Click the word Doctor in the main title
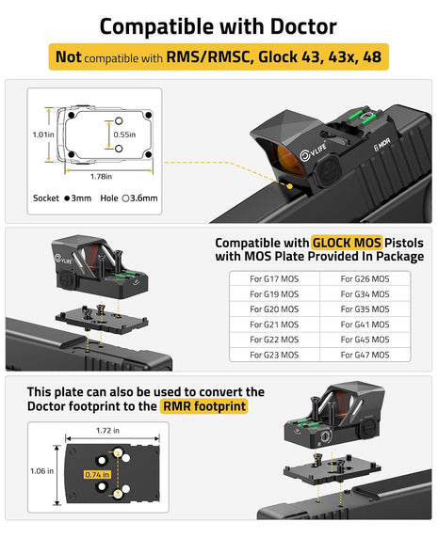[x=303, y=26]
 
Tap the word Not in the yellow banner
[x=69, y=56]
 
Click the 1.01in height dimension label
[x=43, y=134]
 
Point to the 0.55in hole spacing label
[x=124, y=134]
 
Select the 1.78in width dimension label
[x=101, y=177]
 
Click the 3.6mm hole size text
[x=143, y=198]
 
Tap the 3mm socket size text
[x=81, y=198]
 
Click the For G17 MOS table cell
[x=274, y=279]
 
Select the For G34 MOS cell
[x=365, y=294]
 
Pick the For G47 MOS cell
[x=365, y=355]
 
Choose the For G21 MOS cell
[x=274, y=324]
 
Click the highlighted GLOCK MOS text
[x=347, y=243]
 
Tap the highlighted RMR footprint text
[x=204, y=406]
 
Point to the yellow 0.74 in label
[x=98, y=475]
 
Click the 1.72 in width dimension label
[x=107, y=430]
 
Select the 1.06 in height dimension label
[x=41, y=471]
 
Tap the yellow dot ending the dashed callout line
[x=289, y=186]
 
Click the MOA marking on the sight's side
[x=381, y=145]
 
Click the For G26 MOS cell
[x=365, y=279]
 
